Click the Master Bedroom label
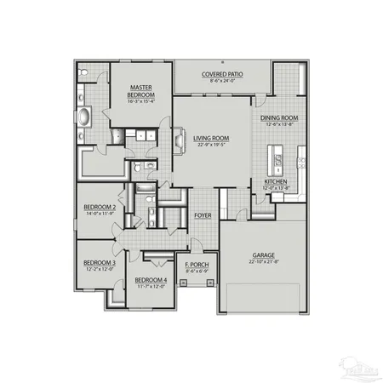[x=140, y=90]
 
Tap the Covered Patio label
[x=222, y=75]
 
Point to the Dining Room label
[x=280, y=118]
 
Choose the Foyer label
[x=202, y=215]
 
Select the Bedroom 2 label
[x=100, y=207]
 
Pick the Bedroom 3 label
[x=100, y=263]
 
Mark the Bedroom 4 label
[x=151, y=280]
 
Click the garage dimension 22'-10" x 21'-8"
[x=264, y=262]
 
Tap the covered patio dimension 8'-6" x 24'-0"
[x=222, y=82]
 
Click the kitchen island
[x=277, y=158]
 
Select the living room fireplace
[x=179, y=138]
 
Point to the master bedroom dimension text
[x=140, y=101]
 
